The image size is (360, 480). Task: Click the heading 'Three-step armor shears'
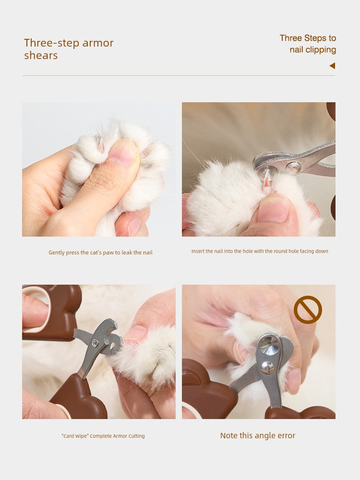coord(69,49)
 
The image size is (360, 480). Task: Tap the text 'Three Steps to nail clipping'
coord(308,44)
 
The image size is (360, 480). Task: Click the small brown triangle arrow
coord(332,65)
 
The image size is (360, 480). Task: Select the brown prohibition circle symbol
coord(308,310)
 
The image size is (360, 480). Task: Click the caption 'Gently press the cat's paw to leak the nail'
coord(100,252)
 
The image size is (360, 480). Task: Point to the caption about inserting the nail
coord(260,251)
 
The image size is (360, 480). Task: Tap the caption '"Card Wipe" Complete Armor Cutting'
coord(103,436)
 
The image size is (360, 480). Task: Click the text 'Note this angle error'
coord(257,435)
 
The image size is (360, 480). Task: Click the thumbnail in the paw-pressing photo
coord(123,153)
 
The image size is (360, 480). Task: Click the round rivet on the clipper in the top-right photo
coord(293,168)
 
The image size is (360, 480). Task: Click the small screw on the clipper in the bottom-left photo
coord(96,342)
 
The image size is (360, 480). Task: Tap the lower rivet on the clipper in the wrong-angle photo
coord(267,367)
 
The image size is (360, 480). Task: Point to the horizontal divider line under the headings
coord(179,76)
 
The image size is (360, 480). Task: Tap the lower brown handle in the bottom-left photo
coord(80,398)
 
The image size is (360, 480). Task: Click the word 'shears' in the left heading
coord(41,55)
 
